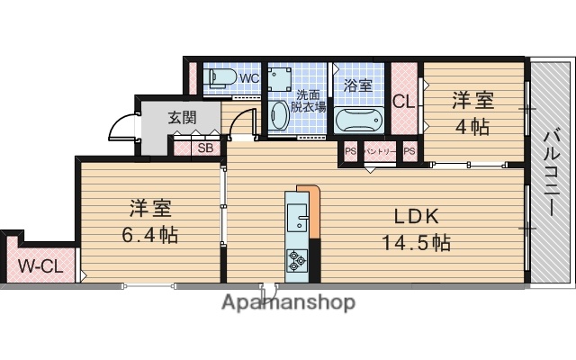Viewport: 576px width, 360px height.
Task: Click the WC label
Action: pyautogui.click(x=249, y=78)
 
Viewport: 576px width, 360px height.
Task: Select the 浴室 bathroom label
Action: pyautogui.click(x=358, y=86)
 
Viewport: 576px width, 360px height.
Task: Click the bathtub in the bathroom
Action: pyautogui.click(x=358, y=120)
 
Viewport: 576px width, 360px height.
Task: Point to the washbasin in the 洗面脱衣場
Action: pyautogui.click(x=280, y=116)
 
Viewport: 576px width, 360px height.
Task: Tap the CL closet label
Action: pyautogui.click(x=404, y=102)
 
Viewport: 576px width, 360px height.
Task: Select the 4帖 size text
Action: pyautogui.click(x=472, y=127)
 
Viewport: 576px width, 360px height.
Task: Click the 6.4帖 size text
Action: pyautogui.click(x=149, y=236)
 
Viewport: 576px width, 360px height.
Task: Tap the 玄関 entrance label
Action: pyautogui.click(x=182, y=117)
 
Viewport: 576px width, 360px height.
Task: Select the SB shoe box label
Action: pyautogui.click(x=205, y=148)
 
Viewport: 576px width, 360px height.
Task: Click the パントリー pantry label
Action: pyautogui.click(x=379, y=152)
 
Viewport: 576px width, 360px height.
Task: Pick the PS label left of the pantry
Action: pyautogui.click(x=350, y=152)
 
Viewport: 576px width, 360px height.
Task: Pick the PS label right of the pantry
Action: pyautogui.click(x=409, y=152)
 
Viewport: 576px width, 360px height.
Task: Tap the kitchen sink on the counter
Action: pyautogui.click(x=297, y=218)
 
